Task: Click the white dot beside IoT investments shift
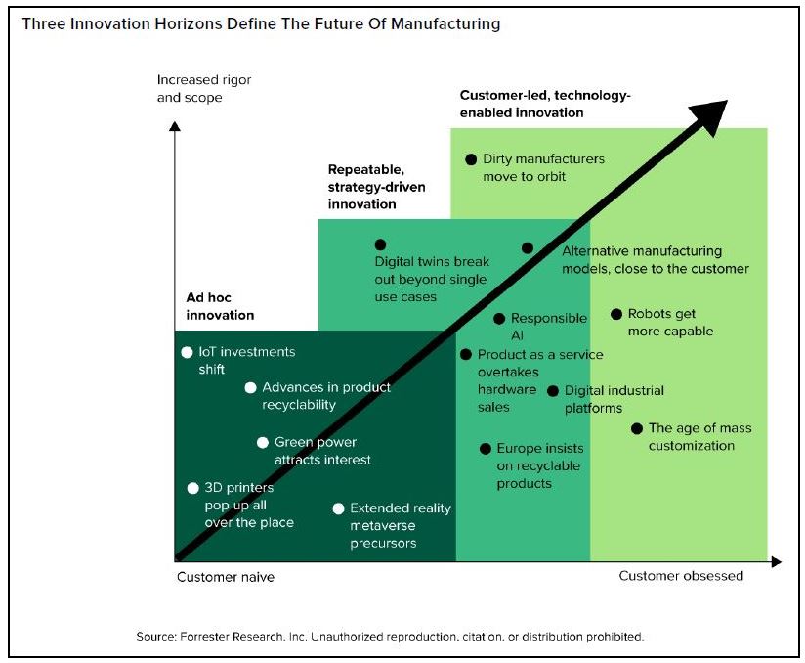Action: coord(187,353)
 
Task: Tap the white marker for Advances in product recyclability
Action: coord(250,388)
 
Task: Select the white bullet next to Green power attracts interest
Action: coord(263,443)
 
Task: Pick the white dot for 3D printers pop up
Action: coord(193,488)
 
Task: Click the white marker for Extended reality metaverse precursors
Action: coord(338,508)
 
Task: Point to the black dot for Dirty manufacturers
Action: coord(471,159)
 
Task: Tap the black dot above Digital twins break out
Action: coord(380,244)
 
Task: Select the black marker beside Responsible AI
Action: coord(499,319)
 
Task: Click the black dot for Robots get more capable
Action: coord(616,314)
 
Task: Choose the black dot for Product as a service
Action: coord(466,355)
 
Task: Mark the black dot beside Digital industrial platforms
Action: coord(553,391)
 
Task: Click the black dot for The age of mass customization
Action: coord(637,428)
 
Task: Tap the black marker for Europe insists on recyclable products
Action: coord(486,449)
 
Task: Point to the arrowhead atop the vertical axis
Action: coord(175,126)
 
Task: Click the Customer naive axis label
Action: coord(226,577)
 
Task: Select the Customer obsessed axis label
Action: coord(681,576)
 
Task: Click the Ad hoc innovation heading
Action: coord(220,306)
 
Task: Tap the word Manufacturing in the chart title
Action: coord(445,24)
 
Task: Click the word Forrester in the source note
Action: coord(204,637)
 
